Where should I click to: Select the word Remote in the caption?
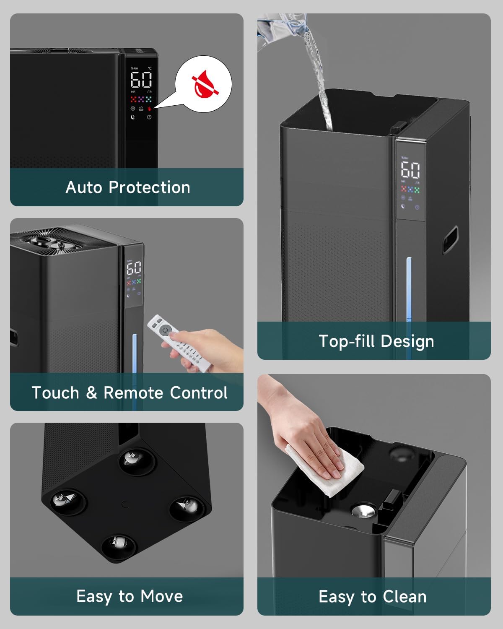pyautogui.click(x=134, y=393)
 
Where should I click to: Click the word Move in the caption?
pyautogui.click(x=161, y=596)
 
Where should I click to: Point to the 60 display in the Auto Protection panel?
pyautogui.click(x=141, y=79)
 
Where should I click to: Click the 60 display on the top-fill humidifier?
pyautogui.click(x=410, y=170)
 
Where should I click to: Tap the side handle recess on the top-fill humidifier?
pyautogui.click(x=450, y=239)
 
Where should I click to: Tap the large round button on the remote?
pyautogui.click(x=166, y=330)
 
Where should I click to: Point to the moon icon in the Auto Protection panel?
pyautogui.click(x=133, y=117)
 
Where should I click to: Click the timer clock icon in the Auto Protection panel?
pyautogui.click(x=149, y=117)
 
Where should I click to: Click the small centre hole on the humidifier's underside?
pyautogui.click(x=124, y=504)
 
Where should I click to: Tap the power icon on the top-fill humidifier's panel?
pyautogui.click(x=417, y=207)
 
